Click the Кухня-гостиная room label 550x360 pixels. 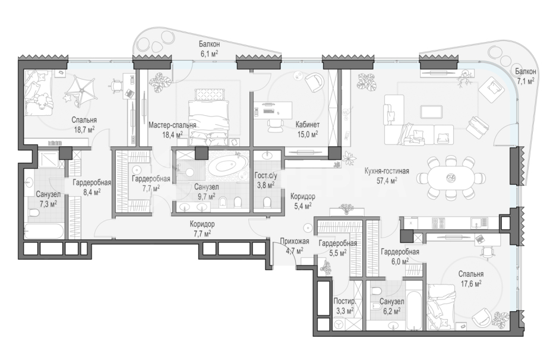[x=387, y=171]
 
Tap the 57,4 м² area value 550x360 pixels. [x=387, y=181]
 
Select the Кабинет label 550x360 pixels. [x=307, y=125]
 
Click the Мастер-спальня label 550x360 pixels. [x=172, y=125]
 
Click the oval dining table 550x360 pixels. [x=450, y=178]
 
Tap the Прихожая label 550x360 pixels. [x=295, y=241]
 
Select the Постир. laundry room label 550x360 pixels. [x=344, y=301]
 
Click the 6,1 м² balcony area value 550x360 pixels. [x=209, y=53]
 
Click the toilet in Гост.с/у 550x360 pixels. [x=267, y=203]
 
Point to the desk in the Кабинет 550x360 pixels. [x=273, y=110]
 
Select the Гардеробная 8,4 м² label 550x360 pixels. [x=92, y=182]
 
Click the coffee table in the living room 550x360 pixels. [x=431, y=112]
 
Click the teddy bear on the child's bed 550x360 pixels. [x=41, y=101]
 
